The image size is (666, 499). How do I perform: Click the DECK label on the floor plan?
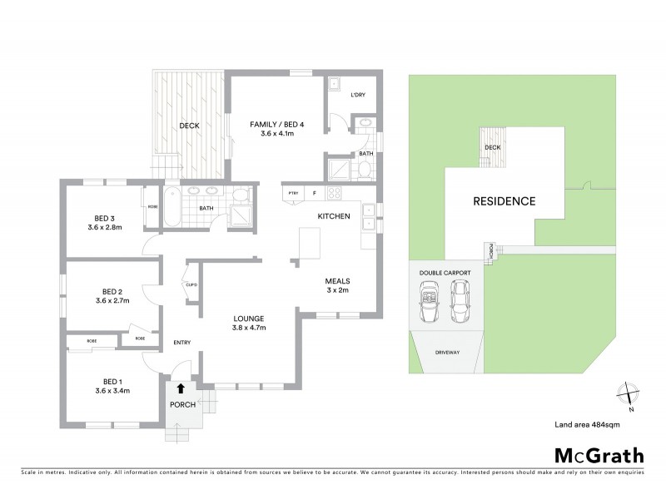click(x=188, y=126)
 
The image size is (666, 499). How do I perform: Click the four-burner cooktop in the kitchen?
click(x=333, y=194)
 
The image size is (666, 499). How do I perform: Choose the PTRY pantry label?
click(x=293, y=194)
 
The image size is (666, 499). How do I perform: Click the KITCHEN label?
click(x=333, y=217)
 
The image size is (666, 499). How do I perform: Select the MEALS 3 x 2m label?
click(x=340, y=285)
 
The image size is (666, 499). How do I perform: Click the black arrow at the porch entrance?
click(x=181, y=388)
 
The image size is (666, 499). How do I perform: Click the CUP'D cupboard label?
click(x=191, y=284)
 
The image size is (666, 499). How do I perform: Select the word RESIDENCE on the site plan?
click(x=504, y=201)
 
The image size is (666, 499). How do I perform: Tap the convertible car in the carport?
click(x=430, y=301)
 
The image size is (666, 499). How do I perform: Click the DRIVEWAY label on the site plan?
click(x=447, y=353)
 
